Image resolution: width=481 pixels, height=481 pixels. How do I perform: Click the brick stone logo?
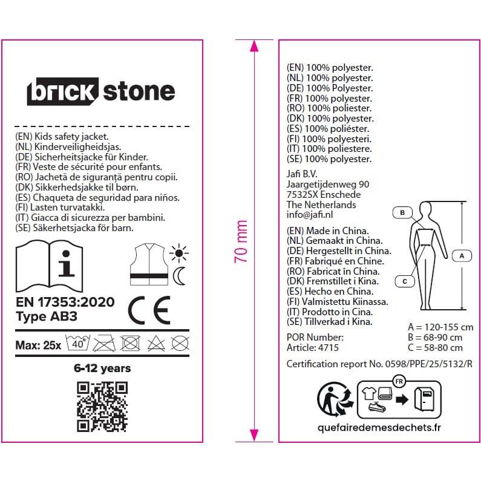pos(101,91)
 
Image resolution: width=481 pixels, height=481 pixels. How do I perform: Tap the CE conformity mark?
pos(149,310)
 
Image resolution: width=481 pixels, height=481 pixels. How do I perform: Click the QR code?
pos(102,407)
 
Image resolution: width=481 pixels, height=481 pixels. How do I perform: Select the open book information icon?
pos(49,266)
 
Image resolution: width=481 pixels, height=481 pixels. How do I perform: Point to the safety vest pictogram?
pos(149,264)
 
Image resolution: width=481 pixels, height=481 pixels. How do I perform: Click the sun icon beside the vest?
pos(179,254)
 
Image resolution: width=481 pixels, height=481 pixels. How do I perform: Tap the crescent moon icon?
pos(179,276)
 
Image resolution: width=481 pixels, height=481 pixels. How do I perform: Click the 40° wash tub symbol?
pos(78,343)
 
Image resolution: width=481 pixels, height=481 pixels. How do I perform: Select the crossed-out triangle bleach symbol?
pos(156,343)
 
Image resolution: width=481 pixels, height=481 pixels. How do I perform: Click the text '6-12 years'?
pos(102,368)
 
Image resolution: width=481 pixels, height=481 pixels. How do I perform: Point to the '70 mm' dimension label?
pos(241,241)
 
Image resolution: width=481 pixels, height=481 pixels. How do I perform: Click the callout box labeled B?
pos(402,212)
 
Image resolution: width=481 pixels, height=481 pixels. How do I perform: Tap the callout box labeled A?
pos(462,255)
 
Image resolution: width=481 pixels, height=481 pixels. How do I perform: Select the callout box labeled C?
pos(405,281)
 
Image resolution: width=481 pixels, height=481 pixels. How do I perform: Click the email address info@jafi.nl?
pos(310,215)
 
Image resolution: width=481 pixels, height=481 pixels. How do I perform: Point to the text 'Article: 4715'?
pos(313,347)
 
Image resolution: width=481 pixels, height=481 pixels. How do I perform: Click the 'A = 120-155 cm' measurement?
pos(440,327)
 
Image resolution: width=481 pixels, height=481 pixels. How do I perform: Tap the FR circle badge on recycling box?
pos(399,382)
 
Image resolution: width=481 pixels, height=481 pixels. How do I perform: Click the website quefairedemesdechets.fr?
pos(379,428)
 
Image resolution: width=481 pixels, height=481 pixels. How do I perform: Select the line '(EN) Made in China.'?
pos(327,231)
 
